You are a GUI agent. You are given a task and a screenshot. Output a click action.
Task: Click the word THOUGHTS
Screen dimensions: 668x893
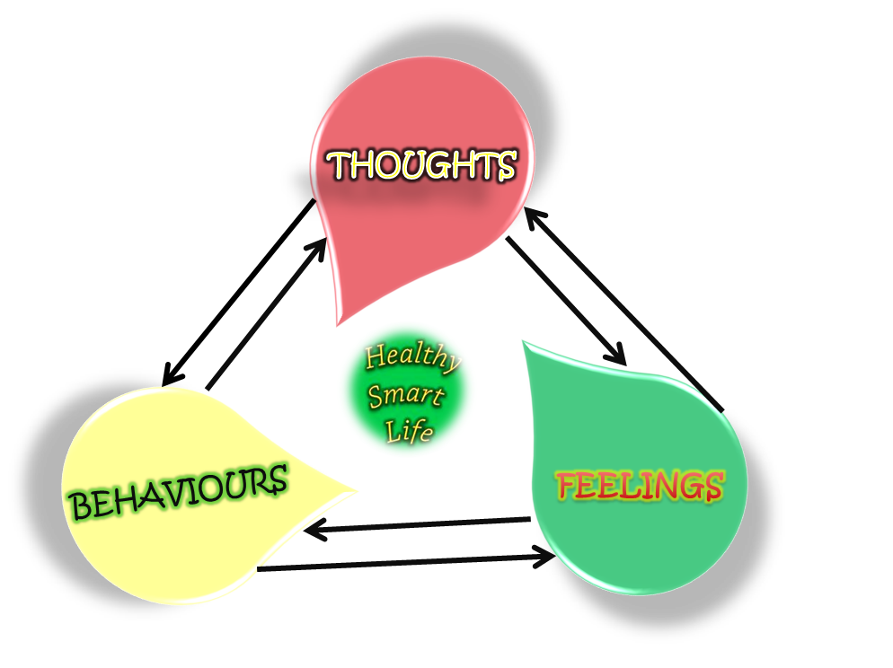tap(421, 165)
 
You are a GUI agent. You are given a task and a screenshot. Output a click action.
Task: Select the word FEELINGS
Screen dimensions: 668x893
tap(640, 486)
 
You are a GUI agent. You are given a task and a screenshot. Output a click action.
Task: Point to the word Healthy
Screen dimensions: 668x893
tap(411, 357)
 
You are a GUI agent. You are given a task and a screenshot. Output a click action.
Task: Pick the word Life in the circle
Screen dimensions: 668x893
tap(411, 432)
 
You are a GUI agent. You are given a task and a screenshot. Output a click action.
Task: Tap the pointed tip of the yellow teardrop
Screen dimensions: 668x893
tap(358, 491)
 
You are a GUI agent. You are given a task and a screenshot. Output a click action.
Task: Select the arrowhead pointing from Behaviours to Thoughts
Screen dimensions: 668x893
tap(322, 244)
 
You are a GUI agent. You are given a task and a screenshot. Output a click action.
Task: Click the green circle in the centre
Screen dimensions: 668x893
tap(406, 391)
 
